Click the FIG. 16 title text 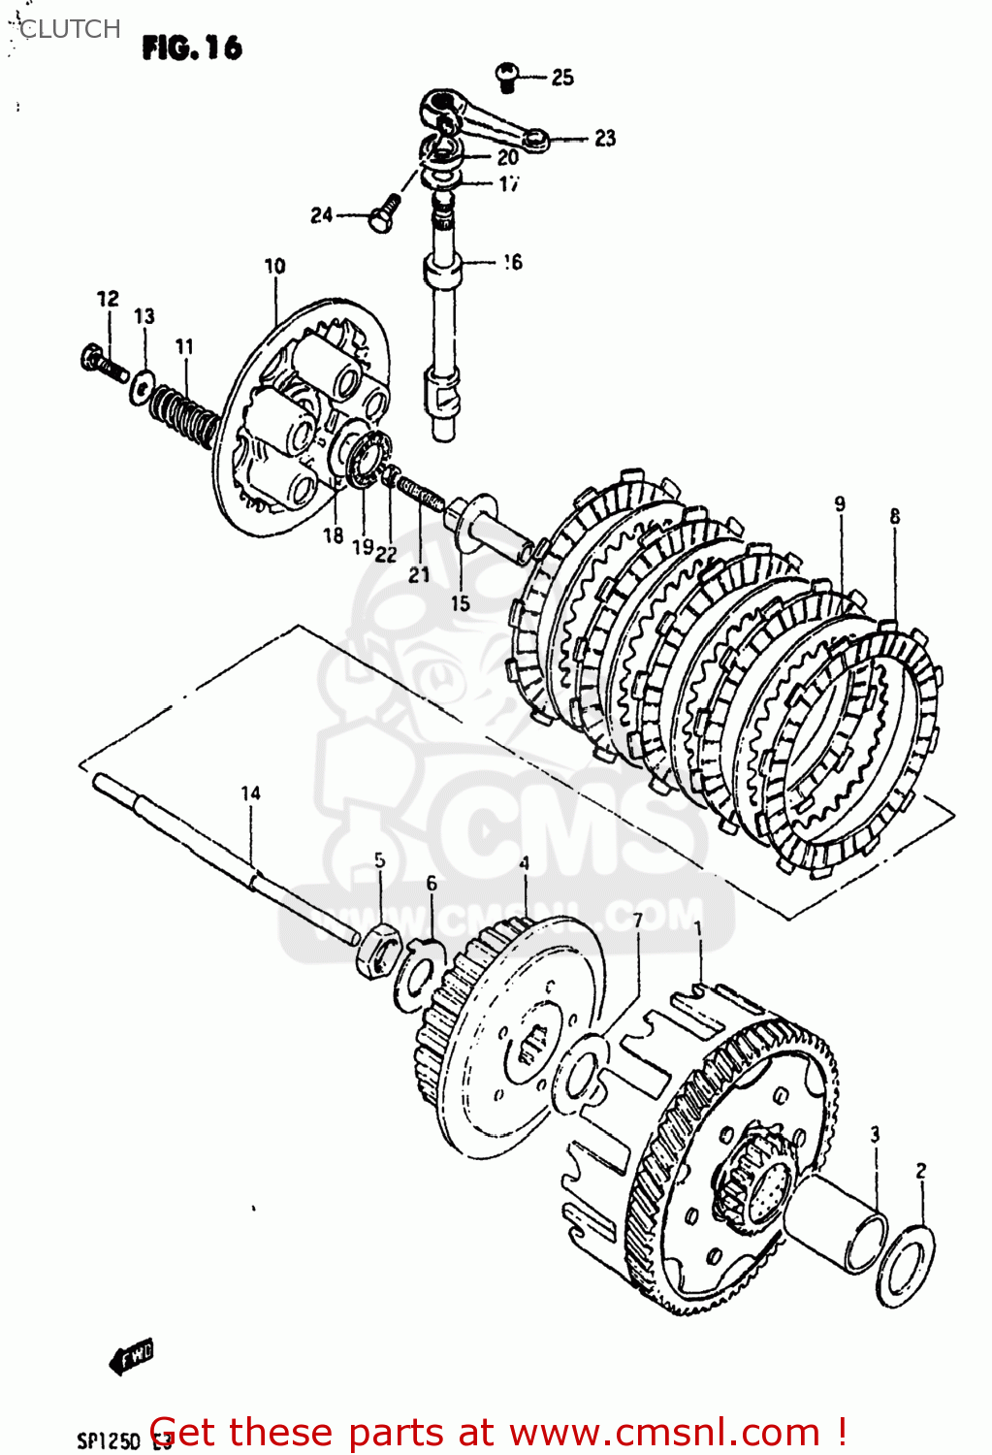point(192,48)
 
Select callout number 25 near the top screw point(562,78)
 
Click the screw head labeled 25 point(506,75)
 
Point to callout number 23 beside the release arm point(605,139)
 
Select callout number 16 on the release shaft point(512,262)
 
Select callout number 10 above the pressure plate point(274,266)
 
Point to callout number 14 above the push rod point(250,793)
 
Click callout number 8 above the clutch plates point(894,517)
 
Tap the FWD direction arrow point(132,1356)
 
